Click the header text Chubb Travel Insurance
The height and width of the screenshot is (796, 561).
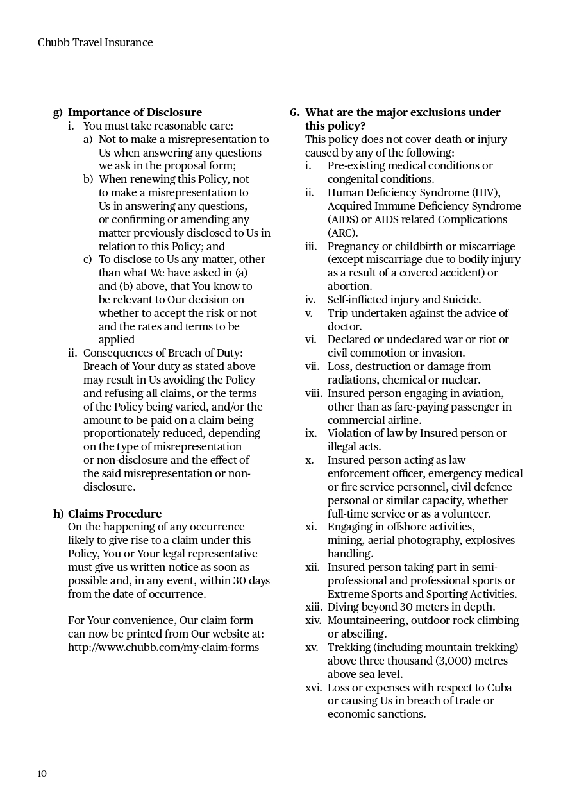(95, 42)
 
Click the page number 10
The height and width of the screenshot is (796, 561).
(42, 774)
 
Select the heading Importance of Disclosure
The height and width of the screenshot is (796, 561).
(135, 112)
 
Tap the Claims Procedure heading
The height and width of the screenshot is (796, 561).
(114, 514)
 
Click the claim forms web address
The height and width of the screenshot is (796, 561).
(163, 647)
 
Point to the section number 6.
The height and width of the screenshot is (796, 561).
(294, 112)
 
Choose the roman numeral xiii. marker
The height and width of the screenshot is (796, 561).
(314, 607)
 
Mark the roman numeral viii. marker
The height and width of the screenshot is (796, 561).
(314, 393)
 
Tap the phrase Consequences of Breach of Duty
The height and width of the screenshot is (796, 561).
(163, 353)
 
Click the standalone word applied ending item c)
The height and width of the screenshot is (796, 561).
(117, 339)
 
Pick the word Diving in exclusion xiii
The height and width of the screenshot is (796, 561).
(343, 607)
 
